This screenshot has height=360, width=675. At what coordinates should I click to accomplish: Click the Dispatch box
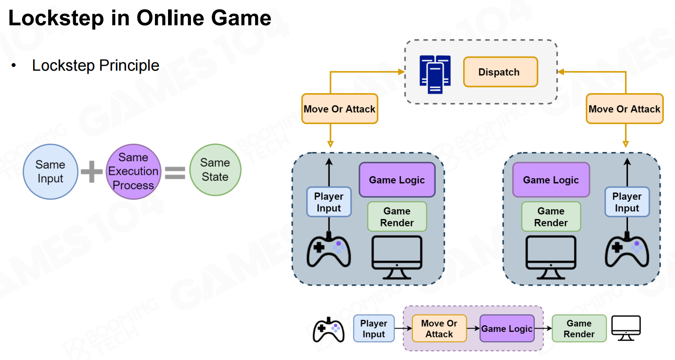[x=500, y=72]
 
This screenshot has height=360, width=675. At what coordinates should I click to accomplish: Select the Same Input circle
[x=50, y=172]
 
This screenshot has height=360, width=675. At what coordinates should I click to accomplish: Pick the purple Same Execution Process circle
[x=133, y=172]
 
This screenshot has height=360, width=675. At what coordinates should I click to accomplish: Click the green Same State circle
[x=215, y=170]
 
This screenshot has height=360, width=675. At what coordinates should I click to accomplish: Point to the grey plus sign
[x=92, y=171]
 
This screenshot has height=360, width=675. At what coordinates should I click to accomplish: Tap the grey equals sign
[x=175, y=172]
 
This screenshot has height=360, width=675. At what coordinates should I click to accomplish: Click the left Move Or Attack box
[x=339, y=109]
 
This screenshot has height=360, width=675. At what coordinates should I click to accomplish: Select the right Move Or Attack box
[x=624, y=109]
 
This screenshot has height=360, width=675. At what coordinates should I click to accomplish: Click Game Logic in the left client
[x=397, y=180]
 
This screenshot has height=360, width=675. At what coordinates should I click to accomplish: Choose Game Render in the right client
[x=551, y=217]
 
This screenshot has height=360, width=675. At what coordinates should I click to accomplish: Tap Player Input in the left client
[x=329, y=202]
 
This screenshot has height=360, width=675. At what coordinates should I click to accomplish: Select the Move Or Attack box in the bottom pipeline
[x=439, y=329]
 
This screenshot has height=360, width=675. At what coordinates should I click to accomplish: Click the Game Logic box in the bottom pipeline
[x=507, y=329]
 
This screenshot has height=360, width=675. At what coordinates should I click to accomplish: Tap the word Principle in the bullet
[x=129, y=65]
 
